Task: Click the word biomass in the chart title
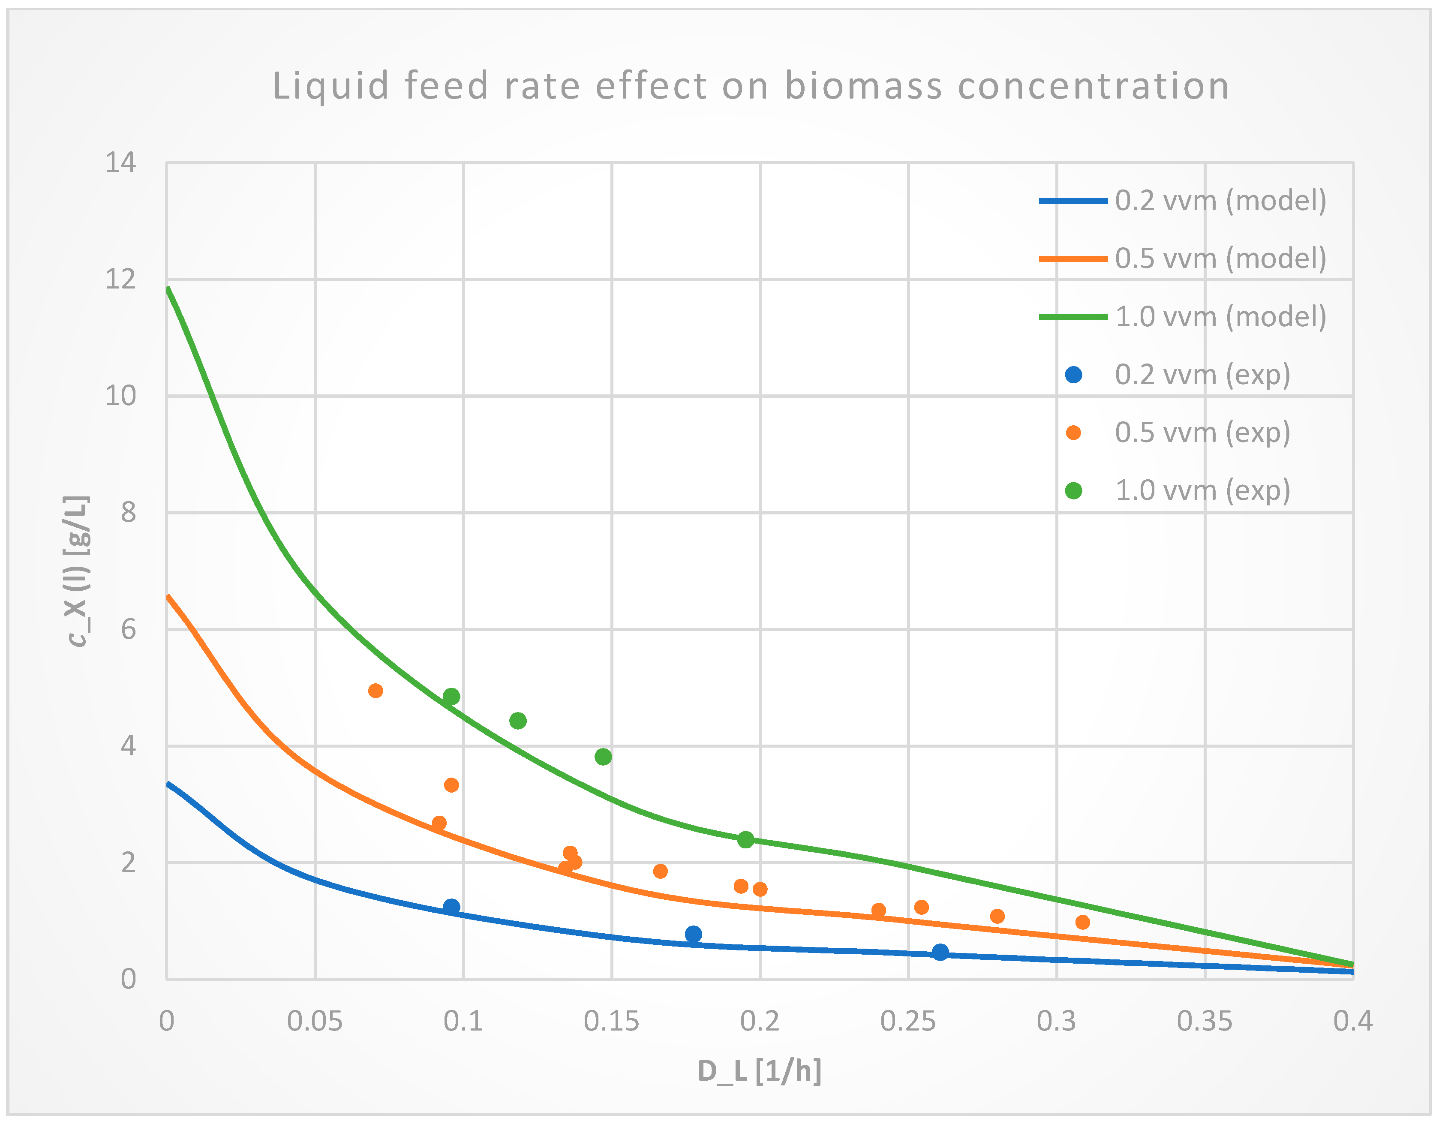(863, 87)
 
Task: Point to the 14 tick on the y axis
(121, 162)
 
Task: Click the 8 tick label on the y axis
(129, 512)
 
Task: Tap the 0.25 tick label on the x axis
(908, 1022)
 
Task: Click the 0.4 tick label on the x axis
(1353, 1022)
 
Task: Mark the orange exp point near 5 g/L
(376, 691)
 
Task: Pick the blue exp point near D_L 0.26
(940, 952)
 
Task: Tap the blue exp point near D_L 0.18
(693, 934)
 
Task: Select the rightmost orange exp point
(1082, 922)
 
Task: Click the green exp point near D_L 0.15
(603, 757)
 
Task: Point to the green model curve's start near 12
(169, 289)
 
